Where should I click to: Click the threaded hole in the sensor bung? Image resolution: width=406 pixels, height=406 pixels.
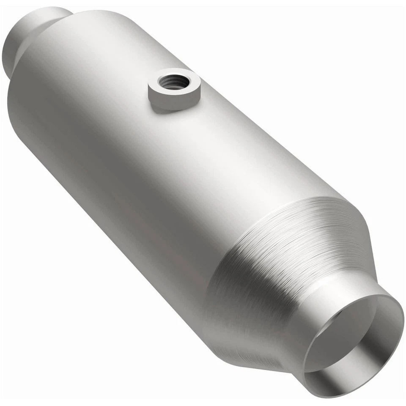173,79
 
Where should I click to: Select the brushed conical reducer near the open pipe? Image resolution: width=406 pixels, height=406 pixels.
275,254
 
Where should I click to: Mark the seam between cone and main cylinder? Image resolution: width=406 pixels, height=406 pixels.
237,237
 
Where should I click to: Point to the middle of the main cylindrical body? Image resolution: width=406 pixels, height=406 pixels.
148,169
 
